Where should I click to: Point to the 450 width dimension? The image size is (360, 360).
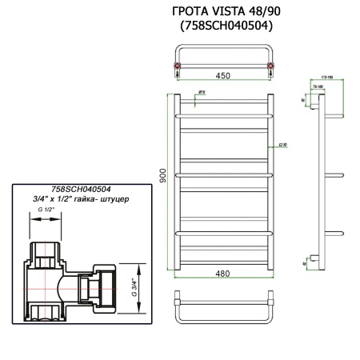224,76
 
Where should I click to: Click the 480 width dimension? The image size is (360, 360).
223,274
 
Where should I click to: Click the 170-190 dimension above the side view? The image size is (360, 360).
322,80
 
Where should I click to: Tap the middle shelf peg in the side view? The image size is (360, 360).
334,175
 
